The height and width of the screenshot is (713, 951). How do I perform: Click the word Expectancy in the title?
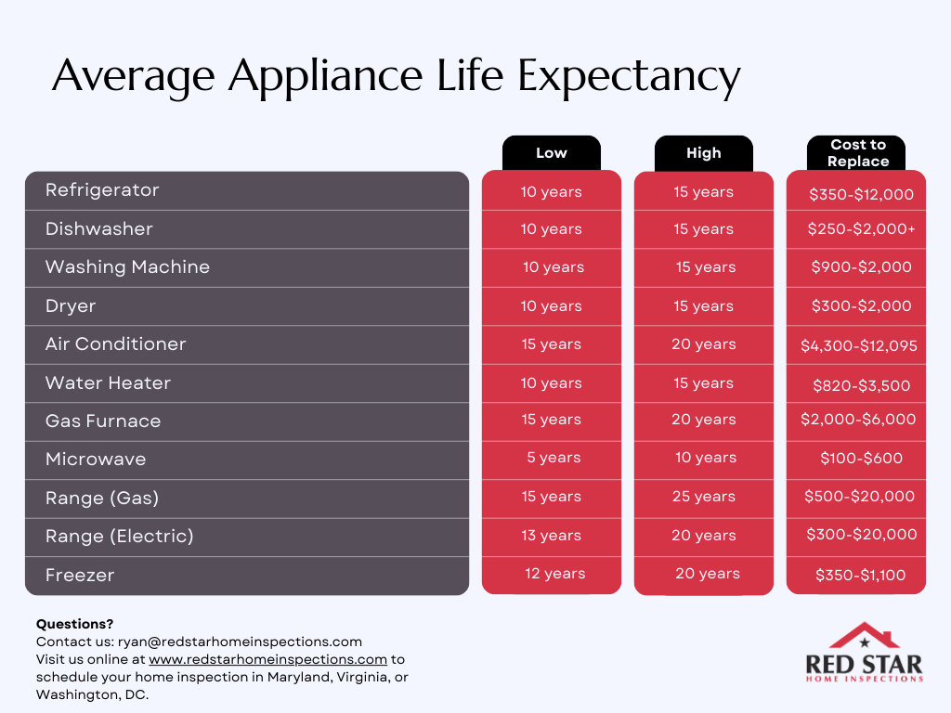629,77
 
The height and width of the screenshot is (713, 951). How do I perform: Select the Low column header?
551,153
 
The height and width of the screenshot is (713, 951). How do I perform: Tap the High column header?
703,153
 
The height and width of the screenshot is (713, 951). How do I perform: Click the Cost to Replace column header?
858,153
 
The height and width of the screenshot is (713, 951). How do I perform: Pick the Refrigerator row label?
102,190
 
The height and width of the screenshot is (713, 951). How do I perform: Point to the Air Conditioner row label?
115,344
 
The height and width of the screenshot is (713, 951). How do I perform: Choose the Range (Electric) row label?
119,537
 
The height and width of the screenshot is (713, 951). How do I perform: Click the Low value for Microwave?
554,459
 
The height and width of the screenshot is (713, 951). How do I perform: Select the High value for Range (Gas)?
703,497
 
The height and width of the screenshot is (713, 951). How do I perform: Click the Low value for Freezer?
554,574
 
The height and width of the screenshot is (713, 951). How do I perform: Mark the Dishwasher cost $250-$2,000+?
861,229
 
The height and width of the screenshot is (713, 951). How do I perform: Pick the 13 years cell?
553,536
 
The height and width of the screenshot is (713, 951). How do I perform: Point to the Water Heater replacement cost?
860,385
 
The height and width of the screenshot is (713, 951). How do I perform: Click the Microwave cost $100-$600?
861,459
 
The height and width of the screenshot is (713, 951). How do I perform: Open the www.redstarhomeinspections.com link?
267,660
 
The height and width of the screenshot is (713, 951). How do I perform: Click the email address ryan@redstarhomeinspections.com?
240,642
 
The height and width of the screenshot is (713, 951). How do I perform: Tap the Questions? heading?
74,624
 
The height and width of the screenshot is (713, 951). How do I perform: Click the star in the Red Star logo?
865,642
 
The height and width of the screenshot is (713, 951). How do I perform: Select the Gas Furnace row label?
103,421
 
